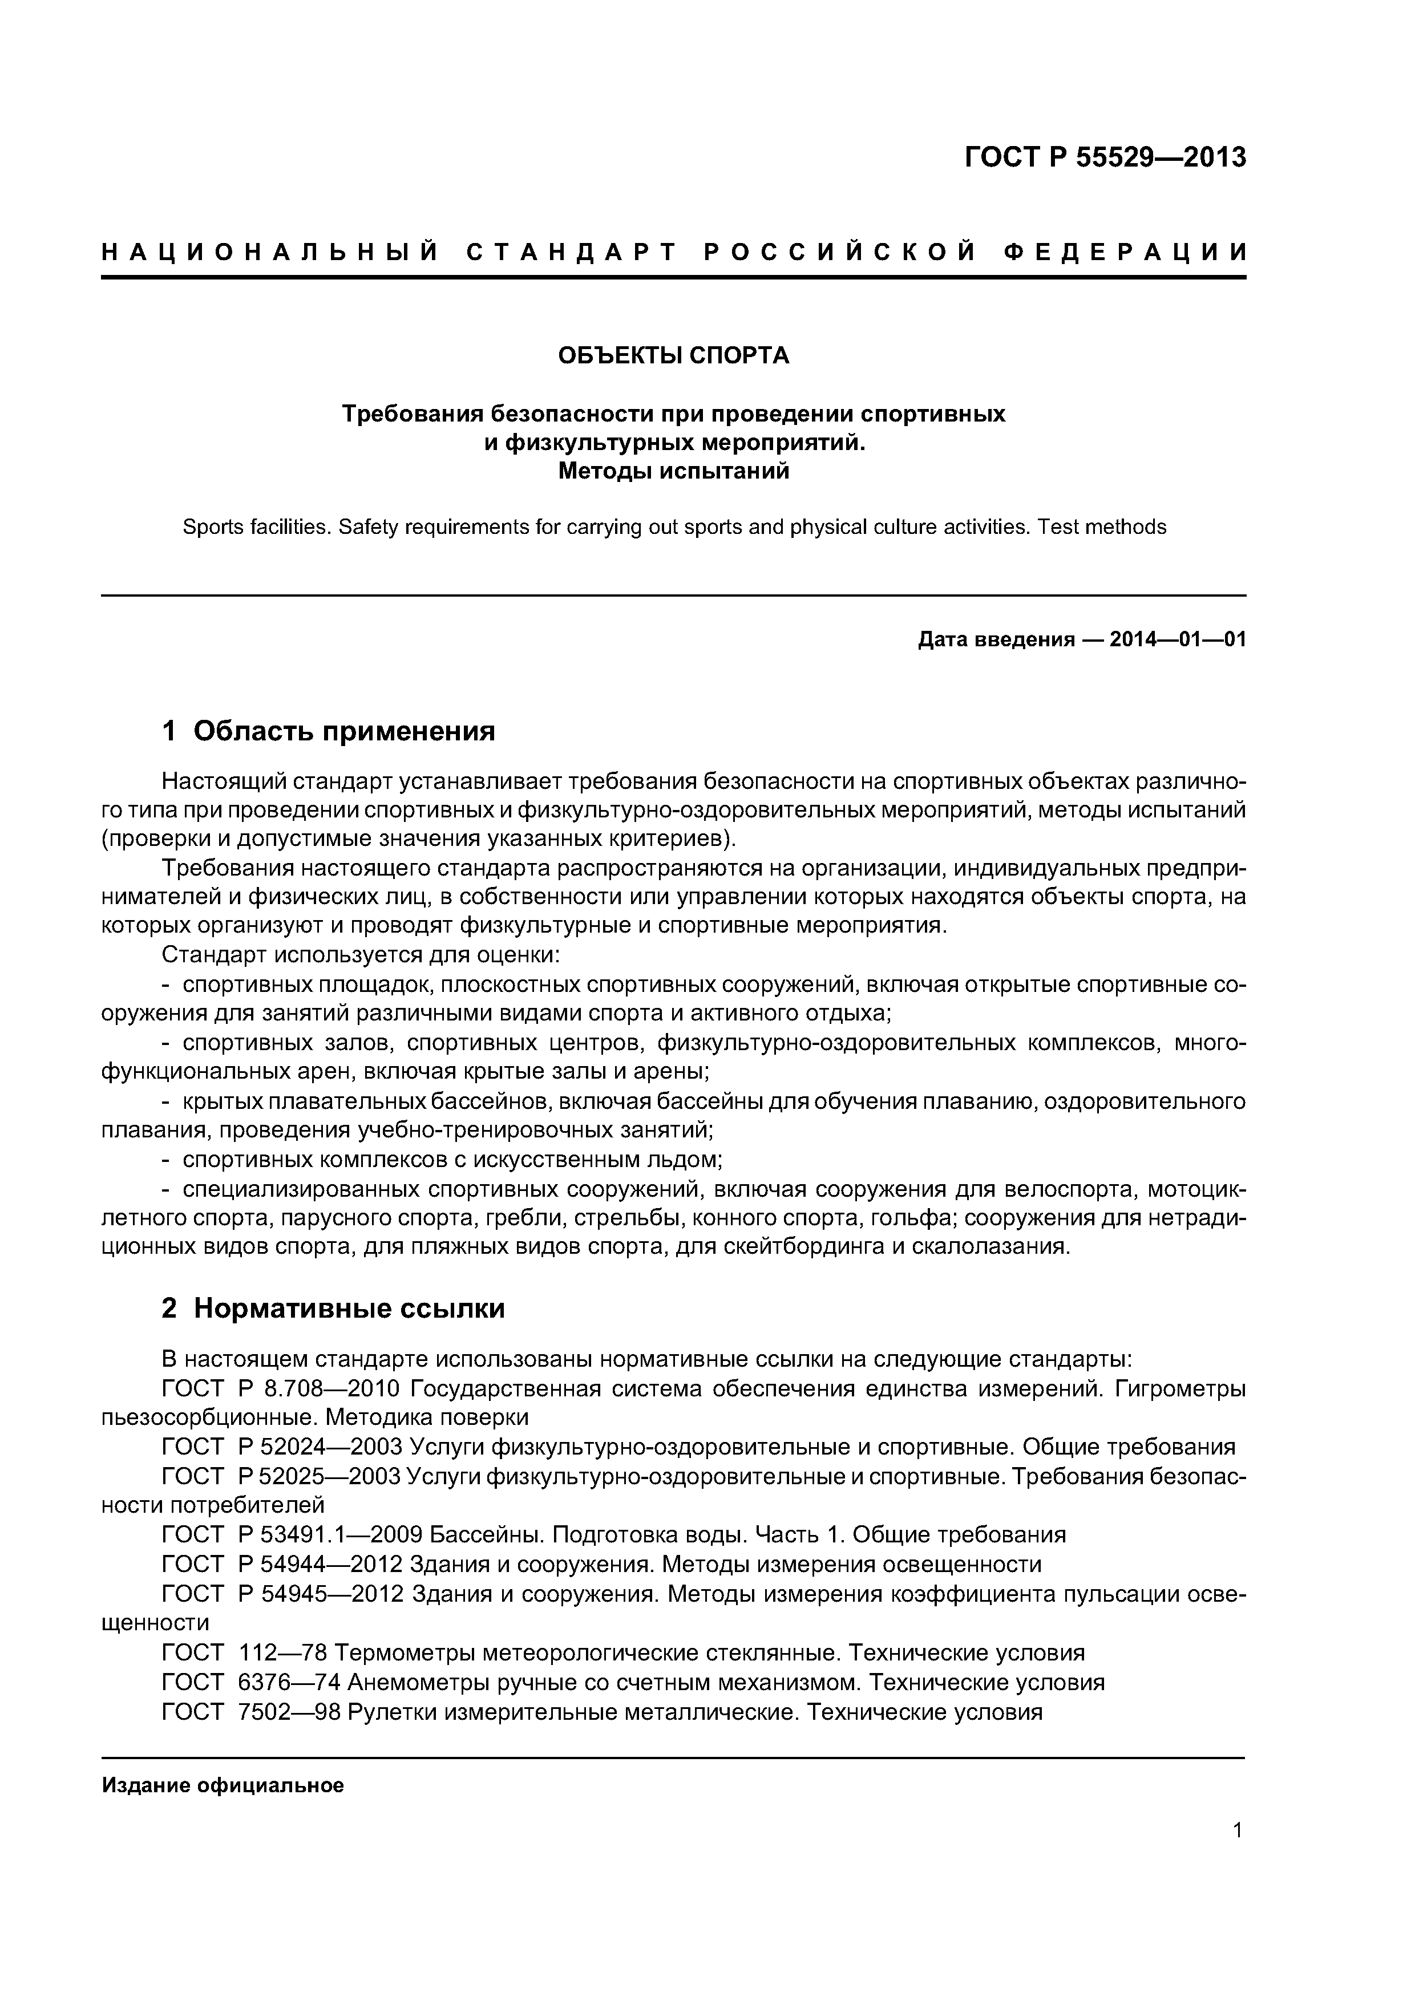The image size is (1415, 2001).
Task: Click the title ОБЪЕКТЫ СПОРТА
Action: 673,355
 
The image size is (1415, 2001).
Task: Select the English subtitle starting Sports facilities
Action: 673,527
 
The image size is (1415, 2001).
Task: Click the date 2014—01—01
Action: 1177,641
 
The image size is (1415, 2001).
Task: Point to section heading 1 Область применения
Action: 329,730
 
